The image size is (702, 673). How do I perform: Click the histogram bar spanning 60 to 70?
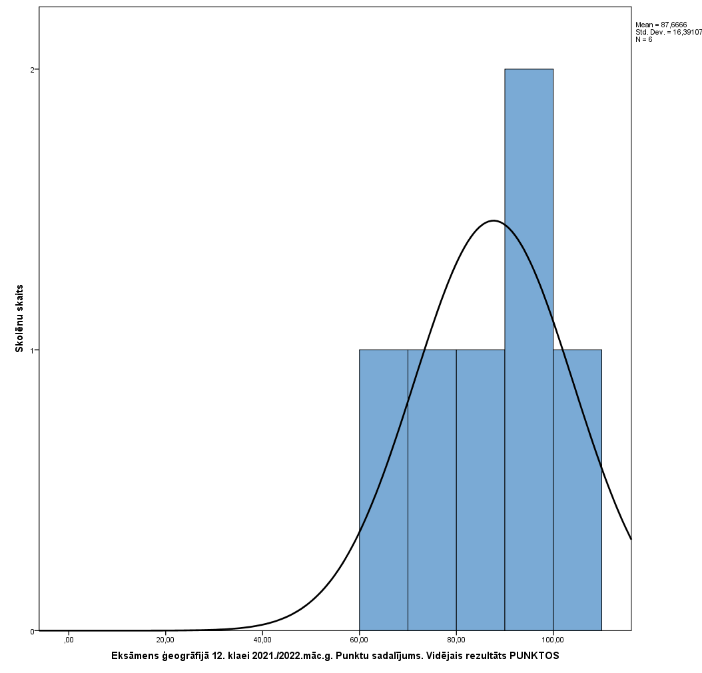tap(384, 490)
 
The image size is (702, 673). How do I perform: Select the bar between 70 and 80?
tap(432, 490)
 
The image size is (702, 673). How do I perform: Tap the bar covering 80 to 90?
tap(480, 490)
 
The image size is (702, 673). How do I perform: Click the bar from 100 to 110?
tap(577, 490)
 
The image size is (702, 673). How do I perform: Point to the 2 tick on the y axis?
tap(32, 69)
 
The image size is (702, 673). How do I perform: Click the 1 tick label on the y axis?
tap(32, 350)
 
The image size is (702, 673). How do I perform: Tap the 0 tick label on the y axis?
tap(32, 631)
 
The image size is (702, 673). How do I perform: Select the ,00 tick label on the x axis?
tap(68, 640)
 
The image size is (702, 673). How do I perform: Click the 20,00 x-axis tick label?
tap(165, 640)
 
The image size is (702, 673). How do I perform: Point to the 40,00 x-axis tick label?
tap(262, 640)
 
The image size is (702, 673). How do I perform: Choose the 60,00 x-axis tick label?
tap(360, 640)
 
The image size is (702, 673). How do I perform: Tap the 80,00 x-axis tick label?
tap(456, 640)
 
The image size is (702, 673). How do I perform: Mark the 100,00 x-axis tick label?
tap(553, 640)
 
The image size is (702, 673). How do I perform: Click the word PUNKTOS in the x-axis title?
tap(535, 656)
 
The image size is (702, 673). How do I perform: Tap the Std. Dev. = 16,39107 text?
tap(668, 32)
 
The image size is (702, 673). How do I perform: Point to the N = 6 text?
tap(644, 39)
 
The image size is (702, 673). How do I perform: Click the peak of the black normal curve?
tap(493, 220)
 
